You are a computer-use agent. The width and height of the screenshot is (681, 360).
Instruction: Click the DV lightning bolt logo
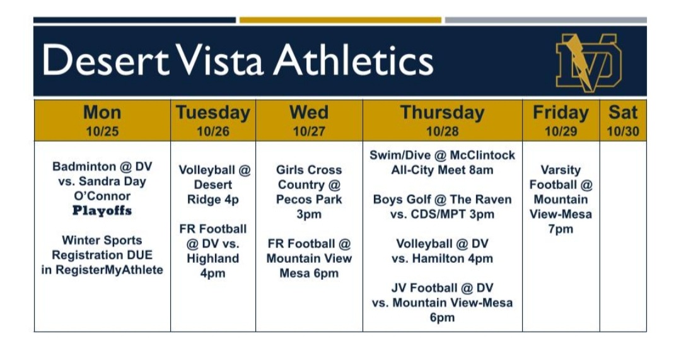point(588,62)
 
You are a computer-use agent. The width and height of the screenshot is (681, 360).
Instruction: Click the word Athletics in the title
point(354,61)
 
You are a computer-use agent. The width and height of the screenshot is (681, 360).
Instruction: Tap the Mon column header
point(102,113)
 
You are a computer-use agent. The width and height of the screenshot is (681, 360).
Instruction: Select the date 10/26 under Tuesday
point(213,132)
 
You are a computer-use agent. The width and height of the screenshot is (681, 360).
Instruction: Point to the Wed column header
point(309,113)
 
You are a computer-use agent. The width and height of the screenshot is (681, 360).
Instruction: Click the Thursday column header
point(442,113)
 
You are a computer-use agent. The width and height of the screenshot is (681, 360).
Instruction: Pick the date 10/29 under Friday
point(561,132)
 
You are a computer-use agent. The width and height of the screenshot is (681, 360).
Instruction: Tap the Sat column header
point(623,113)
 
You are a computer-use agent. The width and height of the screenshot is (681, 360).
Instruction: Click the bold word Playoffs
point(102,211)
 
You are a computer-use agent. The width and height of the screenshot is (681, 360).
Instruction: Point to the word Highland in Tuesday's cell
point(213,258)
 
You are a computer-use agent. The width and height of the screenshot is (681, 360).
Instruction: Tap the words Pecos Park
point(309,199)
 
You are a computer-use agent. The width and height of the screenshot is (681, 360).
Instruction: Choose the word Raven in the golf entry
point(492,199)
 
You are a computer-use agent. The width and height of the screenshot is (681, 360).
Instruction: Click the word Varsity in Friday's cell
point(561,170)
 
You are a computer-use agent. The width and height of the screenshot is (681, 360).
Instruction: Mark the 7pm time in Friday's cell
point(561,229)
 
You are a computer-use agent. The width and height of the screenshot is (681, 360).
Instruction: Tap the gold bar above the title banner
point(340,20)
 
